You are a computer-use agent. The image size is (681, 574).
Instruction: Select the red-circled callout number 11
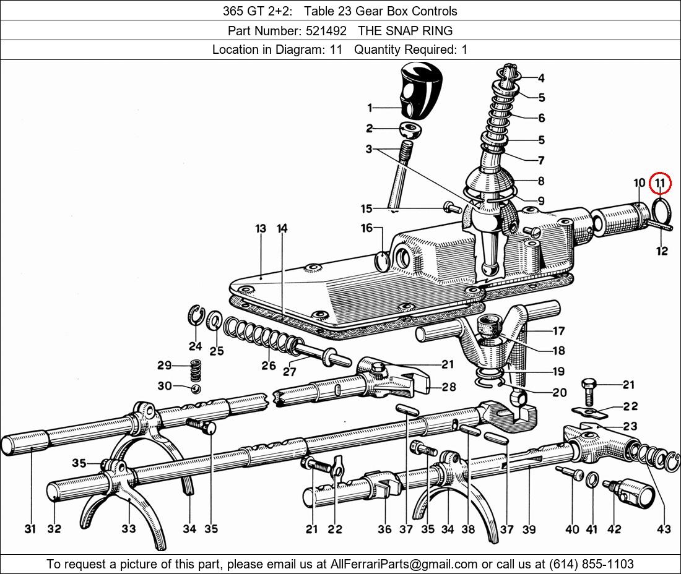pyautogui.click(x=661, y=182)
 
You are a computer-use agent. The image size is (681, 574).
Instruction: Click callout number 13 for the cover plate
pyautogui.click(x=260, y=229)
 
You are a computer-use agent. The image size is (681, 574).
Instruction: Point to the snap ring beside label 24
pyautogui.click(x=196, y=315)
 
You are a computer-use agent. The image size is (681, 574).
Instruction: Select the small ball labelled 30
pyautogui.click(x=195, y=388)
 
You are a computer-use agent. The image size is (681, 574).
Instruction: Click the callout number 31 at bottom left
pyautogui.click(x=30, y=529)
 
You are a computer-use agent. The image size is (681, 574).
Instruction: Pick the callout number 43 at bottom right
pyautogui.click(x=664, y=529)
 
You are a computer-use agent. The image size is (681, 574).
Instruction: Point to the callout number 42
pyautogui.click(x=614, y=529)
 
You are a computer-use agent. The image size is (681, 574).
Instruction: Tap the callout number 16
pyautogui.click(x=367, y=228)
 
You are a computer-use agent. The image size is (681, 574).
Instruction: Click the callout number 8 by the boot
pyautogui.click(x=541, y=181)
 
